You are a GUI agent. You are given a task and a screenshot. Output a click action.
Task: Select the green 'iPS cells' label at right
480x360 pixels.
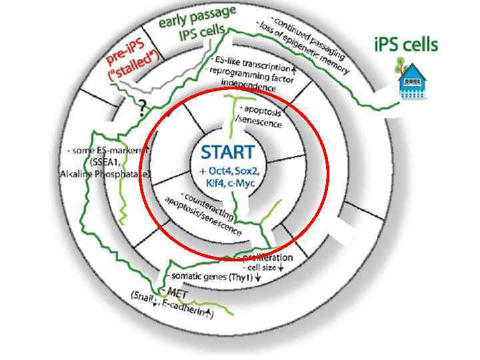tap(405, 45)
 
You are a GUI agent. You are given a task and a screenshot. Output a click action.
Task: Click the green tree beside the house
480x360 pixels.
tap(398, 65)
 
